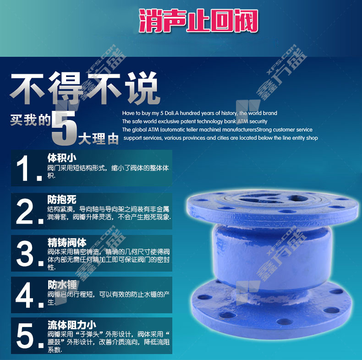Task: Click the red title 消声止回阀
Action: (198, 21)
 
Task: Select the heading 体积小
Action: (62, 158)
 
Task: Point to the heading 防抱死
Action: (62, 200)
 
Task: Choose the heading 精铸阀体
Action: (67, 243)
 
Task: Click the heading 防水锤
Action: (62, 285)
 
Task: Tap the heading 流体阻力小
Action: (72, 325)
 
